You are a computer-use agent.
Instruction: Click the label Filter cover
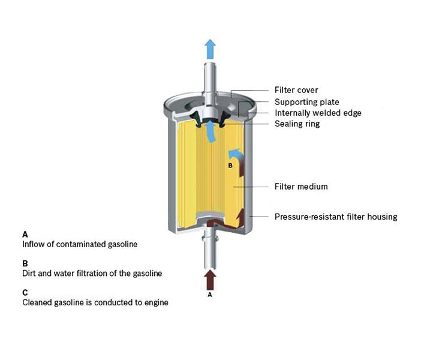[296, 90]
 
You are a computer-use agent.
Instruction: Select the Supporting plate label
[306, 102]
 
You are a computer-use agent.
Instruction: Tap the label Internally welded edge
[318, 113]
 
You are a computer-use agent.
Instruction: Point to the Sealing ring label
[297, 124]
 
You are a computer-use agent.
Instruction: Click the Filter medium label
[300, 187]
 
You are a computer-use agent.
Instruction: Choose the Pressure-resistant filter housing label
[335, 217]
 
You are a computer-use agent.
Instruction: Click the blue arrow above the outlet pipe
[210, 49]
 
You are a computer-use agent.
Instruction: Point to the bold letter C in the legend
[25, 293]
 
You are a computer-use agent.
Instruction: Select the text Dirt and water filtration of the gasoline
[92, 274]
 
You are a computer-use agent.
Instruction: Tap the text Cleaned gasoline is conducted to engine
[95, 303]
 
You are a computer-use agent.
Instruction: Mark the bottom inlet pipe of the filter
[210, 252]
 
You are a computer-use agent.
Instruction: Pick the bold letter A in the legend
[25, 233]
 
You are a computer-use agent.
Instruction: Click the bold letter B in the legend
[25, 263]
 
